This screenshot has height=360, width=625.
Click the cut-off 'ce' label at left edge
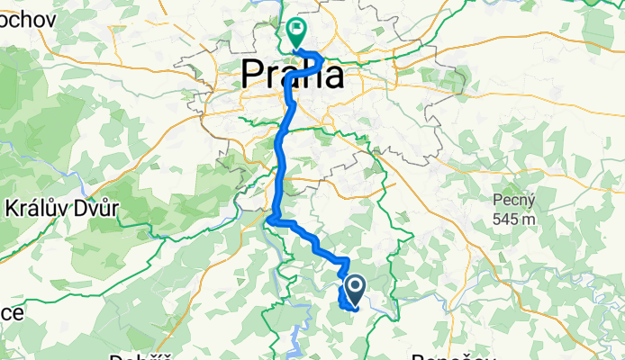(x=10, y=312)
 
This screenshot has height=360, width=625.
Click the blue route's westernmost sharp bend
(x=270, y=217)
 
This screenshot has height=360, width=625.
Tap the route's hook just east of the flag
(x=320, y=59)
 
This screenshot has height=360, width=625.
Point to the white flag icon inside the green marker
(x=296, y=28)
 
